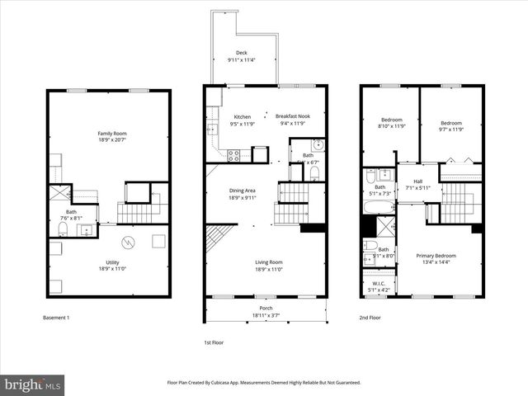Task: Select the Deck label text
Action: pos(241,52)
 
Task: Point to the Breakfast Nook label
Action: pos(292,116)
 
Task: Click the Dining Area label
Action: pos(242,191)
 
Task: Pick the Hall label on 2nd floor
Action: pos(417,181)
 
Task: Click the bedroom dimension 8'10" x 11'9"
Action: pos(393,127)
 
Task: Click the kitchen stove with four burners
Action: pos(233,153)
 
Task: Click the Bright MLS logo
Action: pos(33,385)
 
